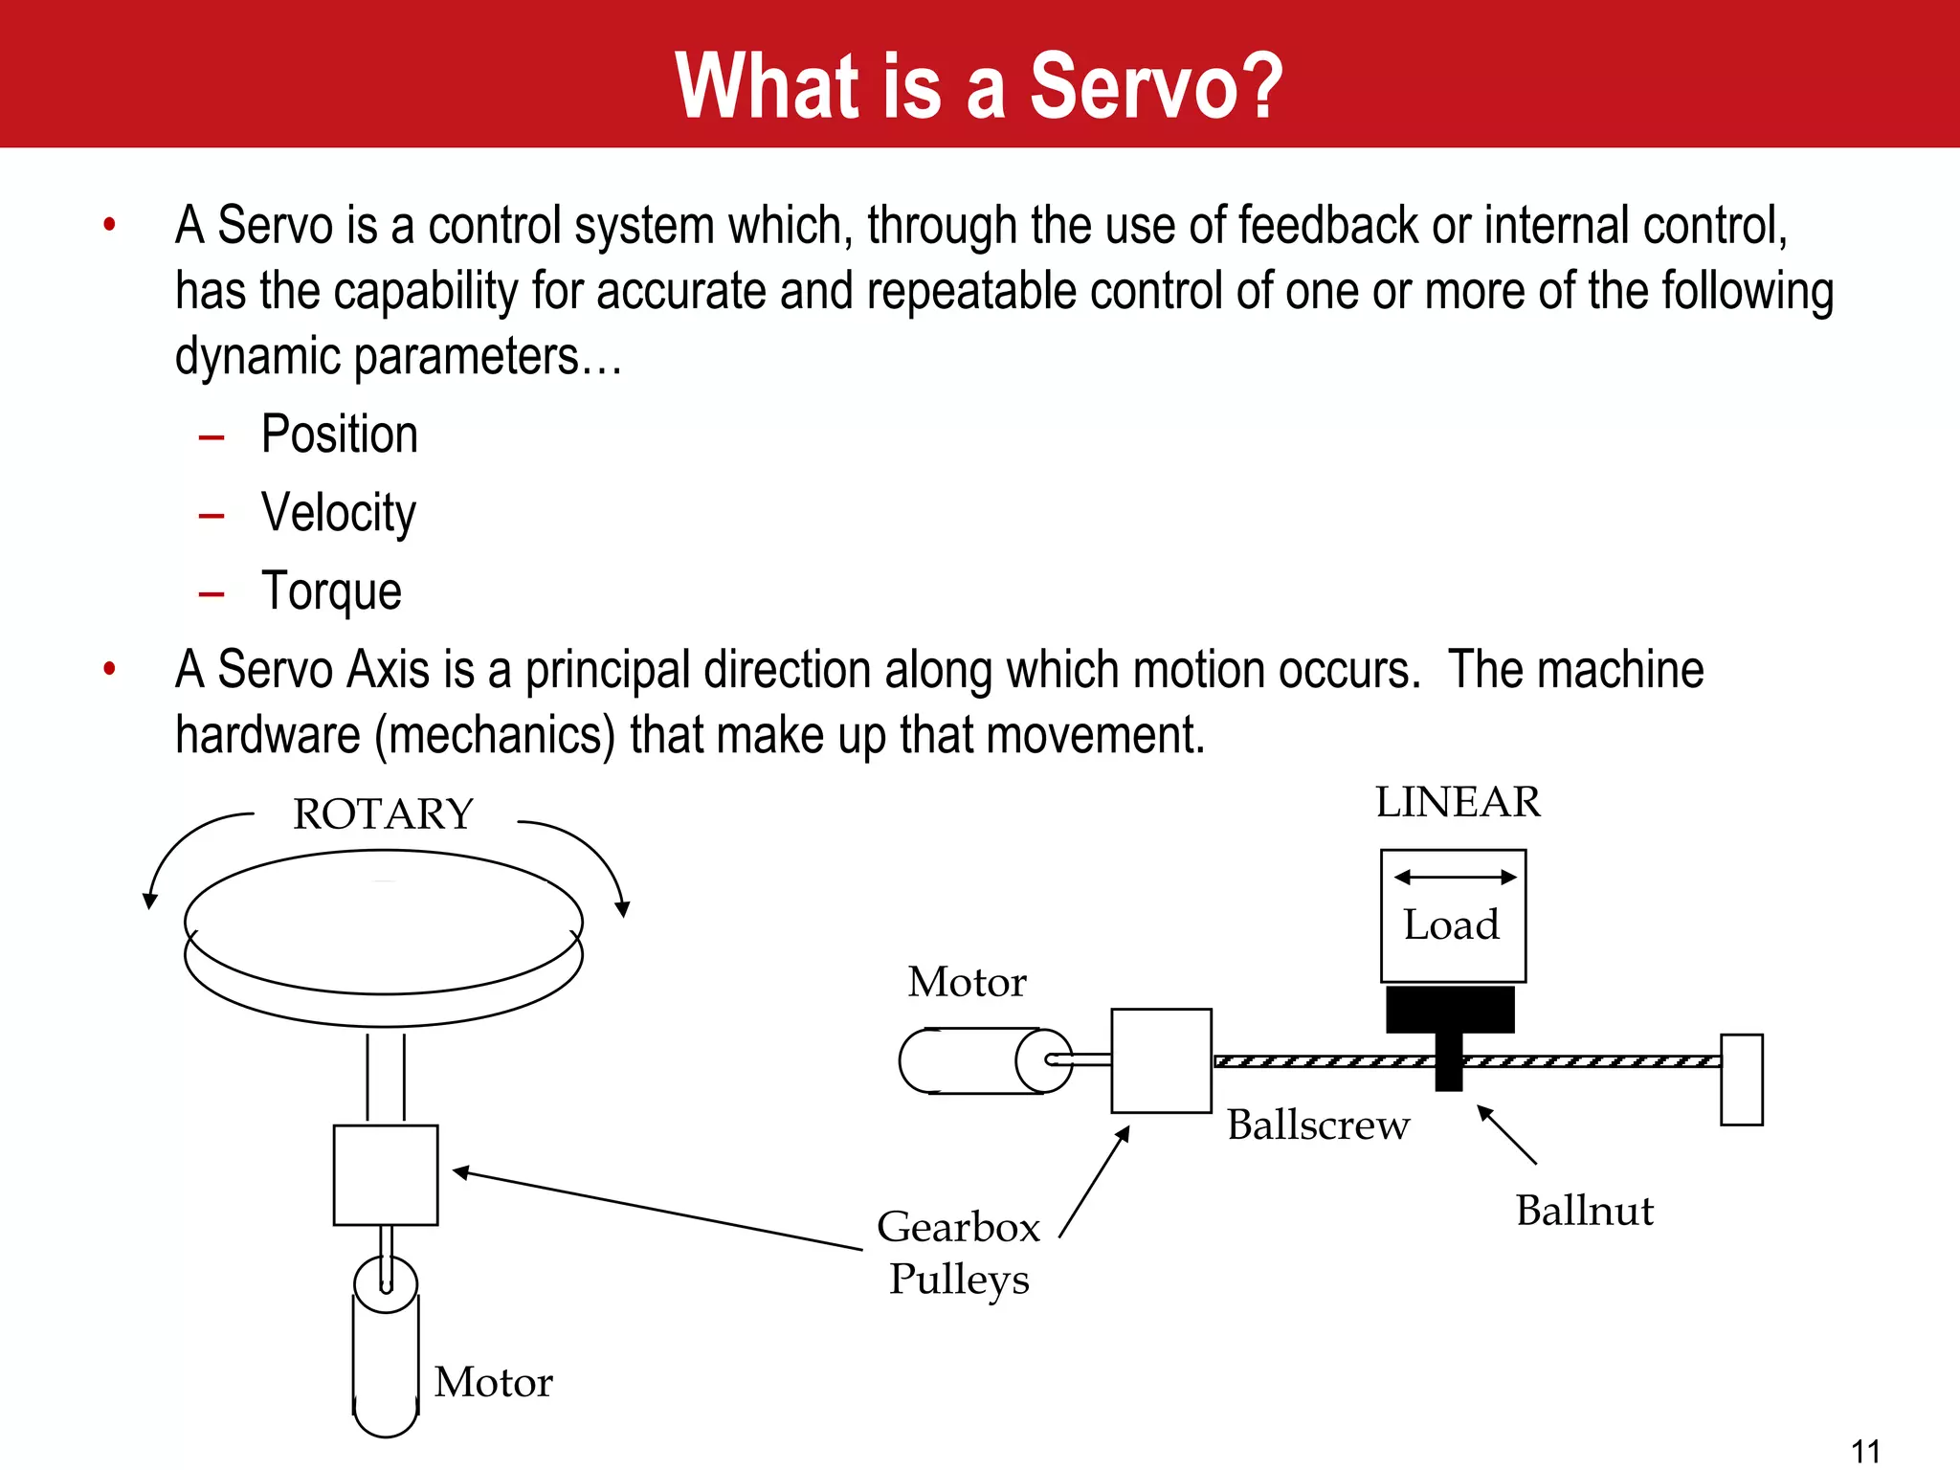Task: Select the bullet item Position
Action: point(340,435)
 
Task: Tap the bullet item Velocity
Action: point(339,514)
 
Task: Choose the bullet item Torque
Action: point(331,592)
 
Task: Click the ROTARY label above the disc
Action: point(383,814)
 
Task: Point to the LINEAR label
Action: point(1458,802)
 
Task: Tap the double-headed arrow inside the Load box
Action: point(1455,877)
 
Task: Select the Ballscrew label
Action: point(1318,1125)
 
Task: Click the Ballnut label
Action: point(1584,1212)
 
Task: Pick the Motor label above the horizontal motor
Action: point(967,983)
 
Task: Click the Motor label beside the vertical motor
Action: point(493,1383)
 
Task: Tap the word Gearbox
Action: point(958,1228)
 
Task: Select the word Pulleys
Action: point(959,1281)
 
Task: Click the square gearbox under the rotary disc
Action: point(386,1175)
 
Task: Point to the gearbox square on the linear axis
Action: point(1161,1060)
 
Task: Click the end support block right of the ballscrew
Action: point(1741,1080)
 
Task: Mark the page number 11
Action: point(1865,1451)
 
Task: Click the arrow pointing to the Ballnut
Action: point(1506,1135)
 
